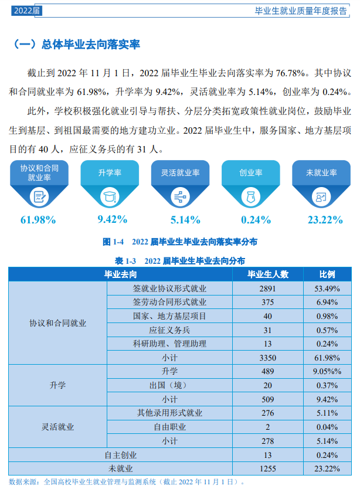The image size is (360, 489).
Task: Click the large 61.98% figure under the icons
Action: point(38,220)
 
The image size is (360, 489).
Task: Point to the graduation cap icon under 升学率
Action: point(110,197)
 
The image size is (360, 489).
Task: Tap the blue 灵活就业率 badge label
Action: point(180,173)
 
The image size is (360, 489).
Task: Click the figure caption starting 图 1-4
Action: point(180,242)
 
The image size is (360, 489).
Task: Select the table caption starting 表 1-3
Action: point(180,260)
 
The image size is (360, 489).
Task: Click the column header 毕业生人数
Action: point(267,274)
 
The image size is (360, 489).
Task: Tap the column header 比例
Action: point(327,274)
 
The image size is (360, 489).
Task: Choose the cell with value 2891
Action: point(267,288)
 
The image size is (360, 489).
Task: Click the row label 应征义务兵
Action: point(169,330)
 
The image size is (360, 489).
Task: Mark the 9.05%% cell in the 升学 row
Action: point(327,371)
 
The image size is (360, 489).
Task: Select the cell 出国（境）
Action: point(169,385)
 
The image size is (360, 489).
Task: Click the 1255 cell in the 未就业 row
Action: point(267,468)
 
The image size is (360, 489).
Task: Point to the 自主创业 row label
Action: point(120,454)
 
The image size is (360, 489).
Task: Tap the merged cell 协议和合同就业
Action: point(57,323)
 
